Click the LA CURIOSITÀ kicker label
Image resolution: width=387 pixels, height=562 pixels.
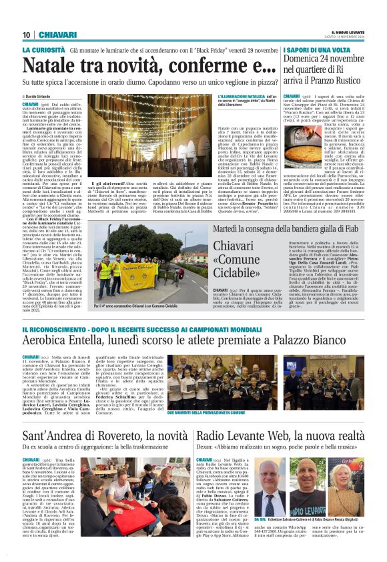click(43, 50)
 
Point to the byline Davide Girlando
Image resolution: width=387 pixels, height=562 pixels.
click(44, 97)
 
